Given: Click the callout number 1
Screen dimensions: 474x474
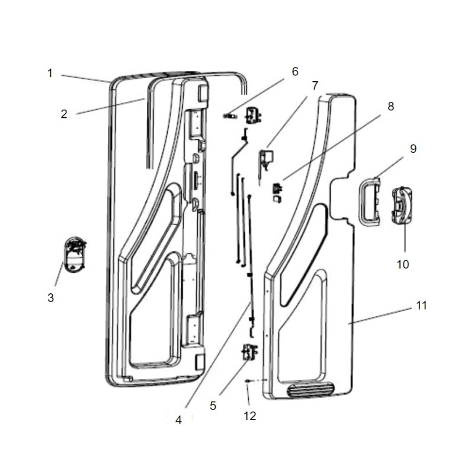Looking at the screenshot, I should tap(50, 73).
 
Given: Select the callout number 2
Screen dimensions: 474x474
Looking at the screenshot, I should tap(64, 114).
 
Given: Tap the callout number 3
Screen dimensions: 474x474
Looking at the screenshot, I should tap(50, 297).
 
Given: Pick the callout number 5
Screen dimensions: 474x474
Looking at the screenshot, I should tap(214, 406).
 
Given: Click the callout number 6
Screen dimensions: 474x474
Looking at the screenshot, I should tap(294, 72).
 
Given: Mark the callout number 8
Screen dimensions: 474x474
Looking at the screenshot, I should tap(390, 107).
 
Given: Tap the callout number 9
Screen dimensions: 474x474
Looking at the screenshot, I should tap(413, 149).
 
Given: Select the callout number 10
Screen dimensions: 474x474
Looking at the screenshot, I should tap(403, 264).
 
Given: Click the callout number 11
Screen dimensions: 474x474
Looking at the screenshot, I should tap(421, 306).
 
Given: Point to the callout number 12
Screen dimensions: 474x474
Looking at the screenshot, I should tap(249, 416).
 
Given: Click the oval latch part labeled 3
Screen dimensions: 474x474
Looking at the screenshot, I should tap(75, 255).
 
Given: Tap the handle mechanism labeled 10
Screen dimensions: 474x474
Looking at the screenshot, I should tap(403, 206).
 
